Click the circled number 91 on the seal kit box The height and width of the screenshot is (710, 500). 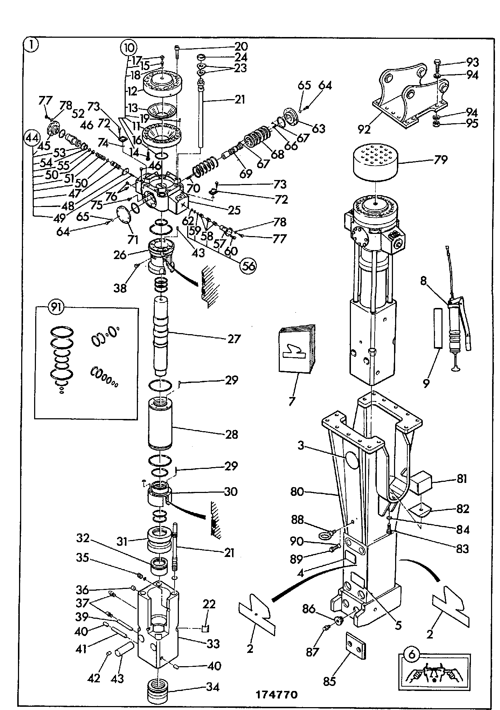point(57,308)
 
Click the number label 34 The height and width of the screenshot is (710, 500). point(213,687)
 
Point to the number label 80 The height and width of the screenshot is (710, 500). point(297,491)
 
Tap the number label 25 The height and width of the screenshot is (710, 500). point(234,210)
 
